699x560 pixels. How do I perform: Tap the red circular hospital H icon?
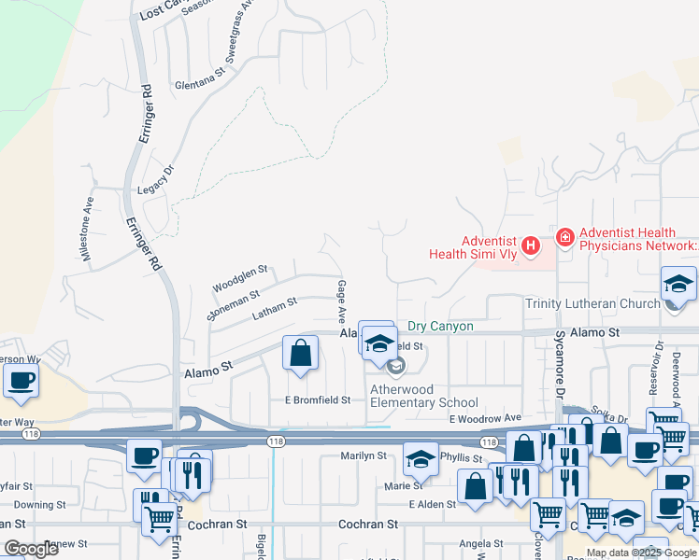[531, 246]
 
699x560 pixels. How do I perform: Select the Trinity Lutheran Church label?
[592, 303]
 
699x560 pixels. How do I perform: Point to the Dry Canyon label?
[440, 327]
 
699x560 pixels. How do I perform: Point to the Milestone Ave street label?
[87, 228]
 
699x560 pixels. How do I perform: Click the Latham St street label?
[274, 309]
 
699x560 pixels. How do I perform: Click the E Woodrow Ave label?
[483, 418]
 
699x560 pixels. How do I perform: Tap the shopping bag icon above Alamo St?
[300, 354]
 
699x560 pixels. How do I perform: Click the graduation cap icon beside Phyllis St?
[421, 458]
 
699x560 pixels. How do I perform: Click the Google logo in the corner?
[32, 549]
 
